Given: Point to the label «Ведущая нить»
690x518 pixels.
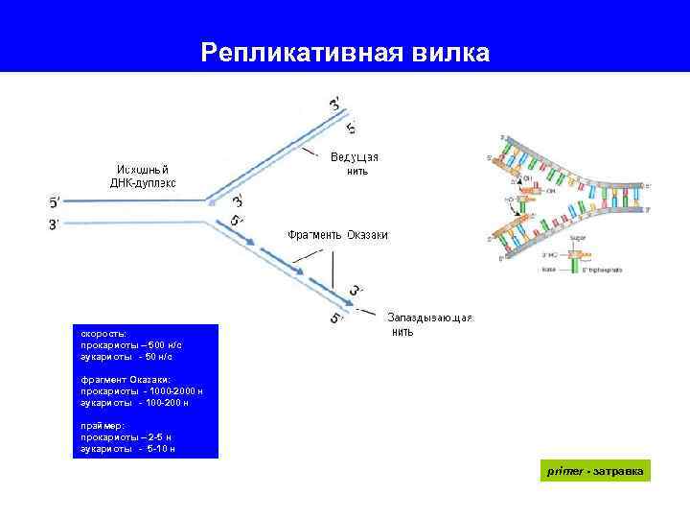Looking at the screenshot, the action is (x=355, y=164).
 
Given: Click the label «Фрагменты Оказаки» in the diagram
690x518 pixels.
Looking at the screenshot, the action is (x=337, y=234).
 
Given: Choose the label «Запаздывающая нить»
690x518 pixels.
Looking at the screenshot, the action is (x=429, y=324).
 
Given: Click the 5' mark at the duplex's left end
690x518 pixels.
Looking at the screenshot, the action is (x=55, y=201).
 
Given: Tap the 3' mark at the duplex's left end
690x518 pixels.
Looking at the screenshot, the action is (x=55, y=224).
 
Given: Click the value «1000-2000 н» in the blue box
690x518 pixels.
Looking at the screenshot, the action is (x=172, y=391).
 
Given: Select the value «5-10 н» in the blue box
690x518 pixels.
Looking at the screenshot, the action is (x=159, y=448).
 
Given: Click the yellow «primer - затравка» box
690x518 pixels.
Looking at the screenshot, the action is (x=595, y=471).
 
